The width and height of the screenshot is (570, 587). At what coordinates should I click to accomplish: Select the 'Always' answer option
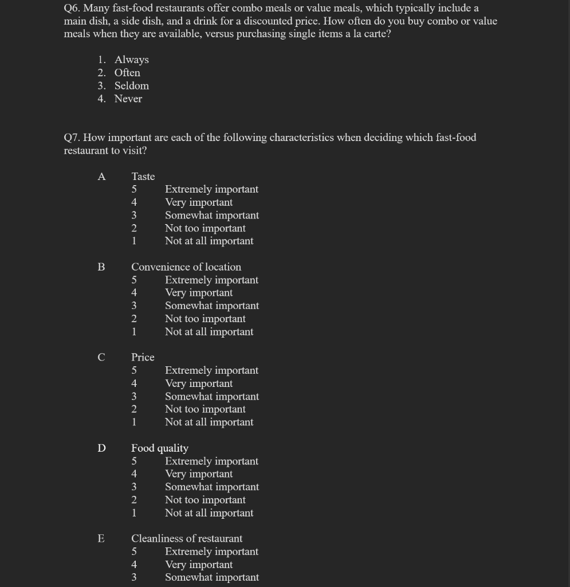(131, 60)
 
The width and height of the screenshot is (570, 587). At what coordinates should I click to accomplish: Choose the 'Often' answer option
(127, 73)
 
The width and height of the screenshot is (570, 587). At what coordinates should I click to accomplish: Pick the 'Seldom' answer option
(131, 86)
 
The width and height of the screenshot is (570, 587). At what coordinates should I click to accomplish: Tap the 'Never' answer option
(128, 99)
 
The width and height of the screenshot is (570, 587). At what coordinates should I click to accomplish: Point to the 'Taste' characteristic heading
(143, 177)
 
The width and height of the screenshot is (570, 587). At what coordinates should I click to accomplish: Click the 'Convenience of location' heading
(186, 267)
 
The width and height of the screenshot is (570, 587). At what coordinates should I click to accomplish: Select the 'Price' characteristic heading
(143, 357)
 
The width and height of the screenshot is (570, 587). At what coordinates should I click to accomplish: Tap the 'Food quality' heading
(160, 448)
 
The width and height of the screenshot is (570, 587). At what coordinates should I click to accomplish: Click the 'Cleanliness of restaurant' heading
(187, 538)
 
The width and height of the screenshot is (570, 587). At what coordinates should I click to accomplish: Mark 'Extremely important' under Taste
(211, 189)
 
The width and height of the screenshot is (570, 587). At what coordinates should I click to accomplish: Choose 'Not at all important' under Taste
(209, 241)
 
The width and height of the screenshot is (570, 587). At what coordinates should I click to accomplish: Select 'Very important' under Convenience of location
(199, 293)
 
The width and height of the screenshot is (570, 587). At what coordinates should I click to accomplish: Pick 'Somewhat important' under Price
(212, 397)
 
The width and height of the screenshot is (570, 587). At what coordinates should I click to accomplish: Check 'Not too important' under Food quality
(205, 500)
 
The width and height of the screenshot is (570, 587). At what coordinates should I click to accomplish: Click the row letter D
(101, 448)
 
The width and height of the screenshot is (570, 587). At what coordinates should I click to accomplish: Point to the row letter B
(101, 267)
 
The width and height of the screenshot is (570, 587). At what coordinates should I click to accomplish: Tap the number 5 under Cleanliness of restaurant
(134, 551)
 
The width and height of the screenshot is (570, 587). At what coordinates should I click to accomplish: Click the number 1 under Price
(134, 422)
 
